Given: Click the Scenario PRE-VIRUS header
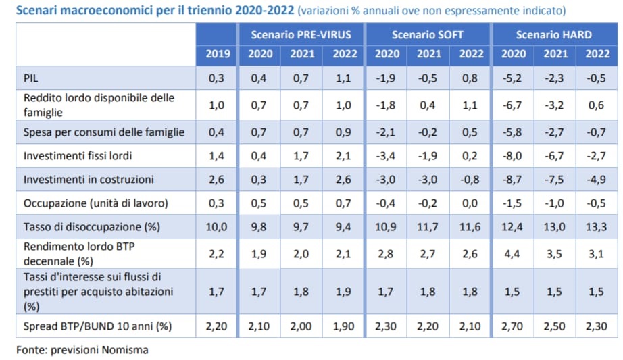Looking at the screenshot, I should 301,34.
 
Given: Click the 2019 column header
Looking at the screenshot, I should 217,55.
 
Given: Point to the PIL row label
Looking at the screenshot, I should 31,78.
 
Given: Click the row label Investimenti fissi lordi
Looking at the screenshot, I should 78,156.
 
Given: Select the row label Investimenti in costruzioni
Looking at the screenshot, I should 89,180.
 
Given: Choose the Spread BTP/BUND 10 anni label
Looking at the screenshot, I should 97,327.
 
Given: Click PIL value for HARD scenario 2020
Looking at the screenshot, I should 513,78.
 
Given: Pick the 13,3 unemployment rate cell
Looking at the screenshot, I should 596,226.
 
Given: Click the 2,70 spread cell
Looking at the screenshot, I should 513,327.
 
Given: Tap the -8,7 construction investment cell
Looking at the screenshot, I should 513,180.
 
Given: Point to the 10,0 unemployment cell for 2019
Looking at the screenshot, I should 217,226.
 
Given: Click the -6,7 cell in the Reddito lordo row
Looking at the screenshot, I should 513,105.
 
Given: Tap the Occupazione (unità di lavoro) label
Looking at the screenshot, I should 95,203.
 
